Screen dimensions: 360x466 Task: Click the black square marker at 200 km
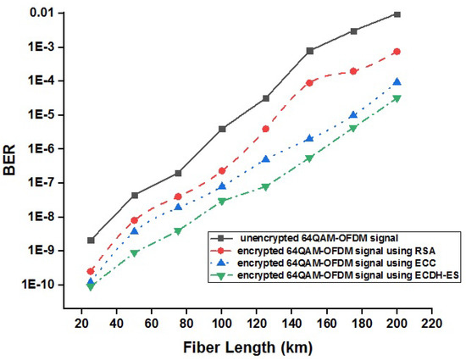coord(420,14)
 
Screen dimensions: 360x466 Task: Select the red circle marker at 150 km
coord(310,82)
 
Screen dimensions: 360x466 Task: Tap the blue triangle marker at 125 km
coord(266,159)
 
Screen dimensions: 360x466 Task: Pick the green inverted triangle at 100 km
coord(222,202)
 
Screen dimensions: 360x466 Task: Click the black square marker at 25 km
coord(91,241)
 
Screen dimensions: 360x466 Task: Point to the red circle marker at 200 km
coord(420,52)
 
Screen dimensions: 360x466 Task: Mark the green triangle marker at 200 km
coord(420,99)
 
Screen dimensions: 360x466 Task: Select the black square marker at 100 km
coord(222,129)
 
